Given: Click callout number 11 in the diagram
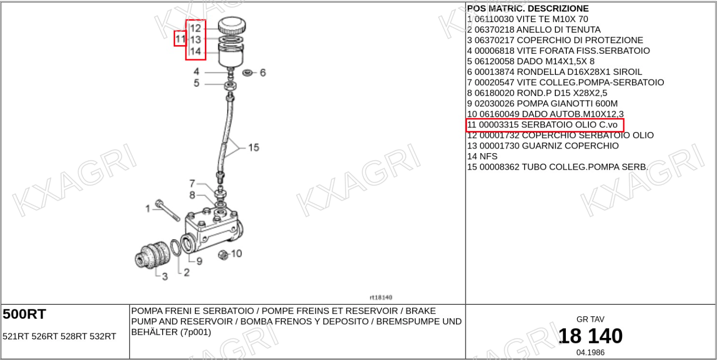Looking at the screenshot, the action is click(180, 39).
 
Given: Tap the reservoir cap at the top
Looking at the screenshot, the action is click(232, 25).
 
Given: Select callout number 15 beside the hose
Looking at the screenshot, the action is click(254, 148).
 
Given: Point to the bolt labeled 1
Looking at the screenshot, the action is click(168, 210).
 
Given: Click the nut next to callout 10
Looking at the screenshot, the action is click(223, 255).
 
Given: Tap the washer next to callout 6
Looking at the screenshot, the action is click(247, 73).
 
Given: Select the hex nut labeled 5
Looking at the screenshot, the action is click(230, 85).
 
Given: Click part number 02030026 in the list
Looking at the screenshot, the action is click(494, 103).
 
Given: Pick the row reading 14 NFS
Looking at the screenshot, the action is click(482, 157).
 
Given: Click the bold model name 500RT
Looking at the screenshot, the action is click(25, 314).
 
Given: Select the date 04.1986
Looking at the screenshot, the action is click(590, 352).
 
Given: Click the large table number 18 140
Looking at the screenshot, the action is click(590, 336).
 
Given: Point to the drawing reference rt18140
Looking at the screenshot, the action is click(381, 297).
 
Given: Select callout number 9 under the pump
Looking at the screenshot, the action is click(199, 261).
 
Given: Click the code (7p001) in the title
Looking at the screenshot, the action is click(195, 332).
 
